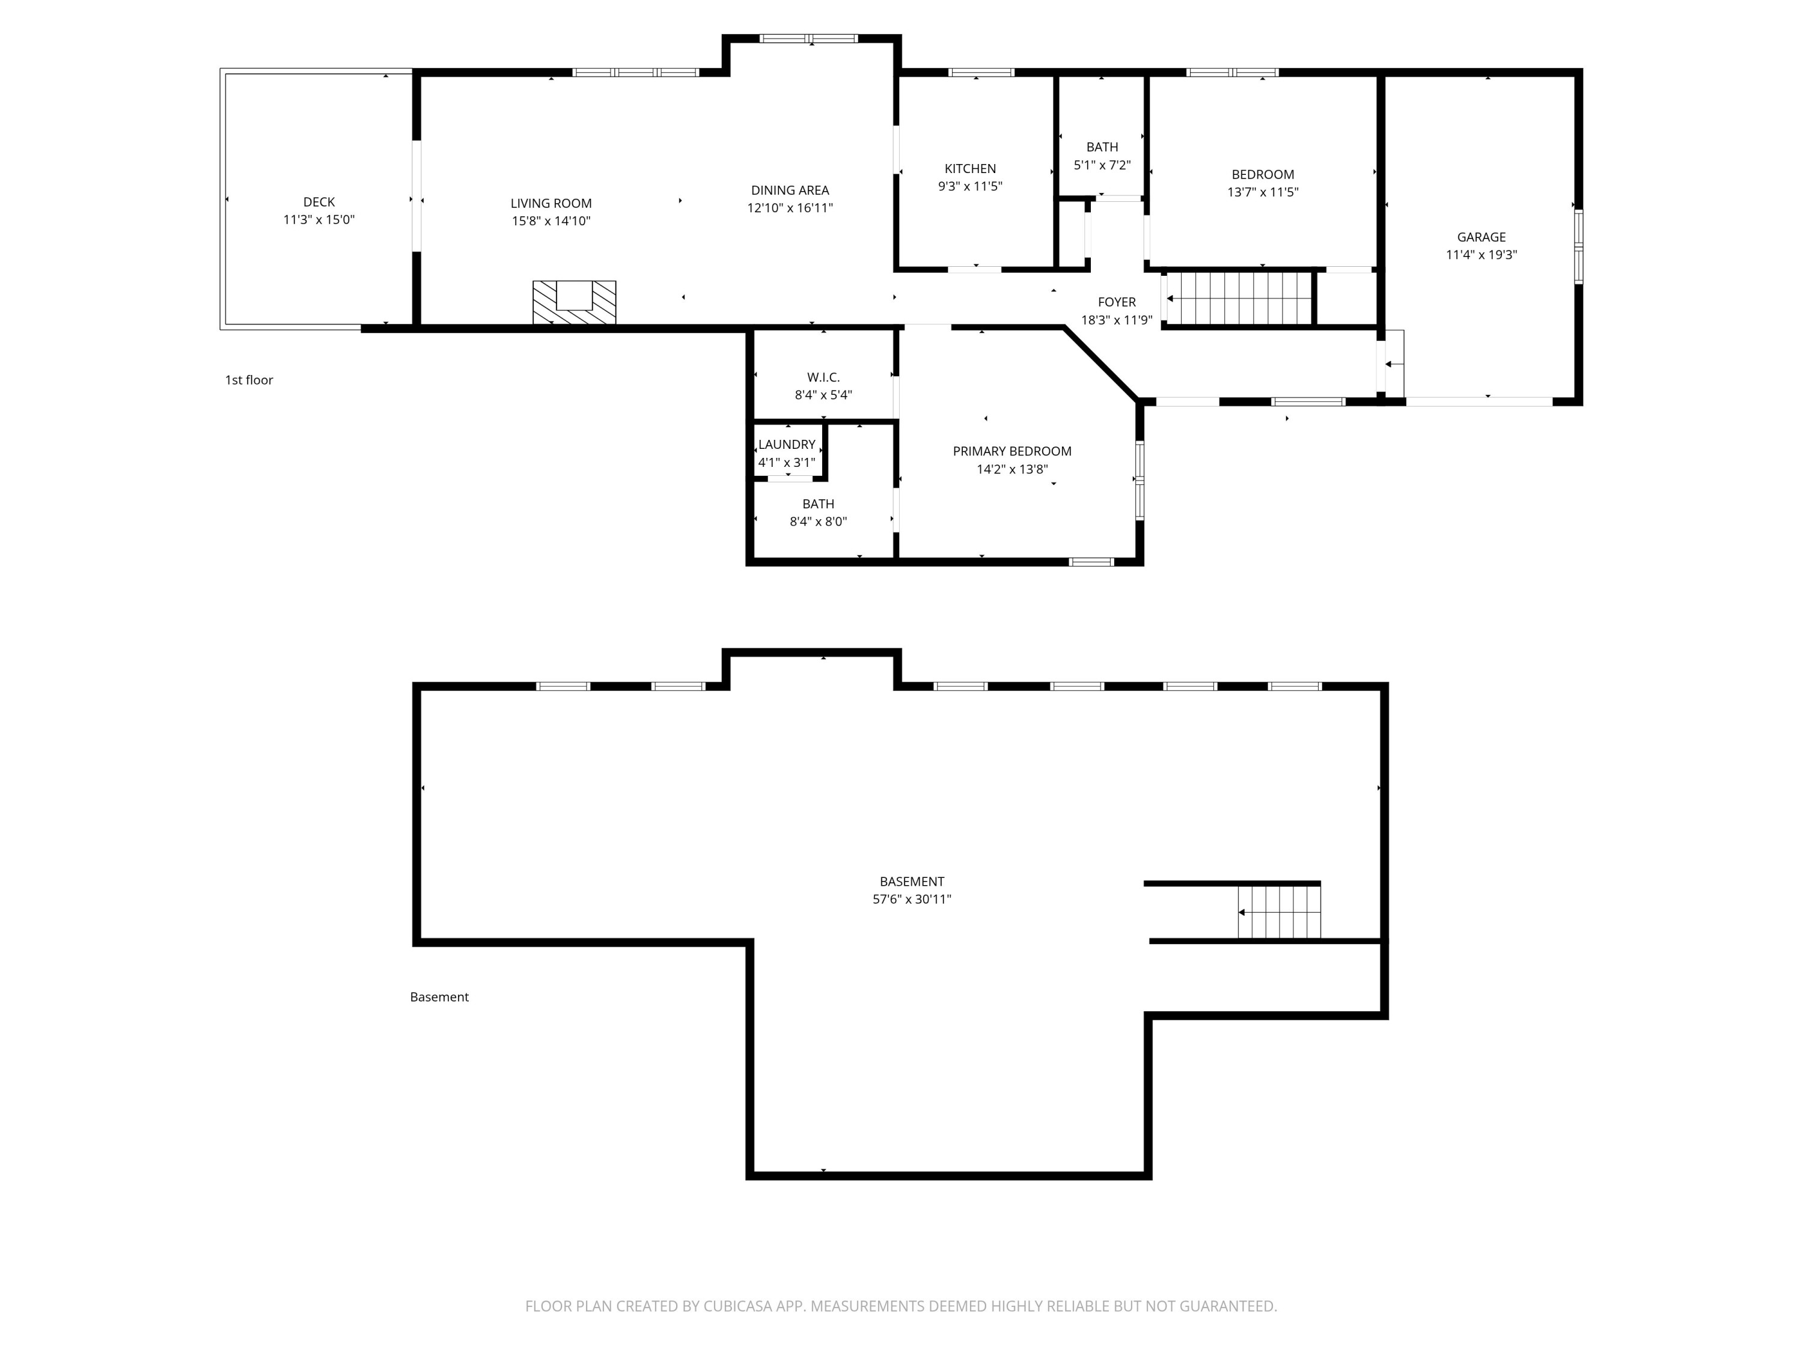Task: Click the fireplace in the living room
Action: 574,302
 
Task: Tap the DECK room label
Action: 319,202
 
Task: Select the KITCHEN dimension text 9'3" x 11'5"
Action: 970,186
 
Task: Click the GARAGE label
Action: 1481,237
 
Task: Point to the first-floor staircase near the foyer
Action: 1239,298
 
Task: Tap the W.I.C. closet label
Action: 823,377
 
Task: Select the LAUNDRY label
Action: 787,444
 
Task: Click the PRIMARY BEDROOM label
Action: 1011,451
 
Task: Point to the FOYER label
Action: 1117,302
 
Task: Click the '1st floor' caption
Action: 249,380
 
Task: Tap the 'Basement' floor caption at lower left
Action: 439,997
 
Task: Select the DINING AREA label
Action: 790,190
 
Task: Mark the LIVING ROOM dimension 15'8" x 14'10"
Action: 551,221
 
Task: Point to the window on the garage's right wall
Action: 1578,247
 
